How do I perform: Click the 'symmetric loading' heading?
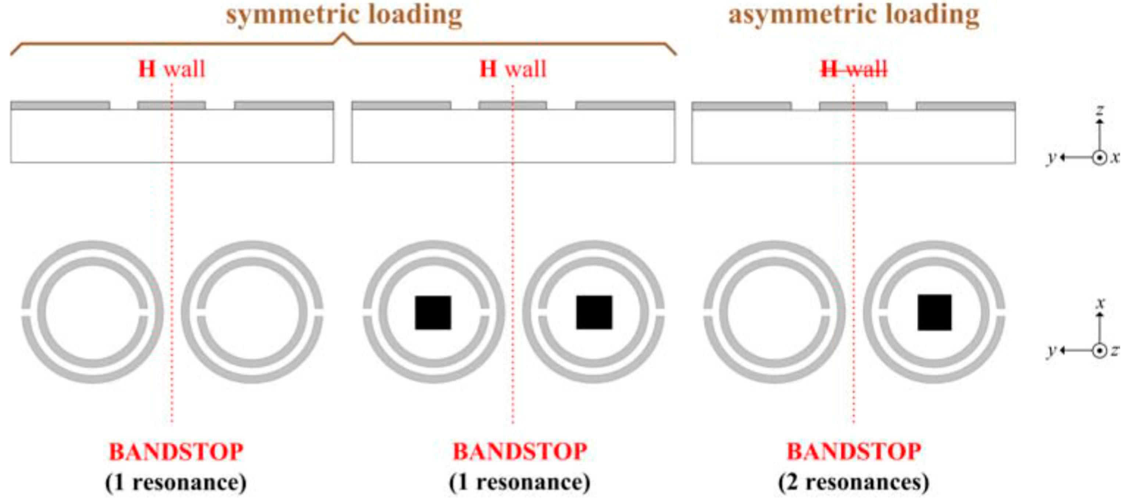pos(344,15)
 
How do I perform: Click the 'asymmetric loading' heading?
pos(854,15)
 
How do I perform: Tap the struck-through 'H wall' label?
pos(854,69)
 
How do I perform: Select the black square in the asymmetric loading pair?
pos(934,312)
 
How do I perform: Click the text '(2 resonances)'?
pos(854,482)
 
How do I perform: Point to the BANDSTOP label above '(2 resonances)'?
pos(854,451)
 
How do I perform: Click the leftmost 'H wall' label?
pos(172,69)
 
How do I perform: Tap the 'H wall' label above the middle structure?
pos(512,69)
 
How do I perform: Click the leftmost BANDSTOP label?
pos(176,451)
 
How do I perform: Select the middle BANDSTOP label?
pos(520,451)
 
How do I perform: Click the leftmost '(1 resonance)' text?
pos(176,482)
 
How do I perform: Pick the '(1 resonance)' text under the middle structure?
pos(520,482)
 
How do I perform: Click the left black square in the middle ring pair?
pos(433,312)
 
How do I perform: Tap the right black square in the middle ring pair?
pos(594,312)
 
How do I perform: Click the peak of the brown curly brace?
pos(344,35)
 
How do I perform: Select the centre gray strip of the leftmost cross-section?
pos(172,105)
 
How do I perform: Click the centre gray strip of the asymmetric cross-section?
pos(853,106)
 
